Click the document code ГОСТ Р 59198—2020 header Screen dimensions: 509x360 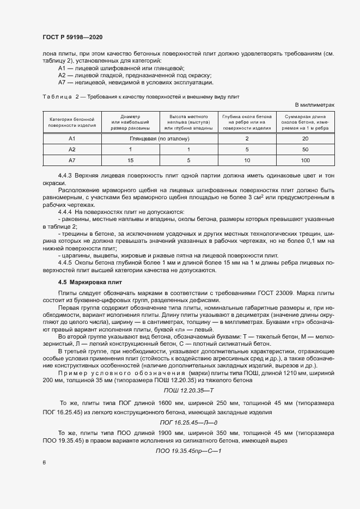pos(72,37)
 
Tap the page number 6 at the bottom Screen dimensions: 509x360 pos(44,462)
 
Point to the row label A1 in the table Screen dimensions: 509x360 pos(72,139)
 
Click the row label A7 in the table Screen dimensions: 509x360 pos(72,160)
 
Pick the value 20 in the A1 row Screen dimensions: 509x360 pos(305,139)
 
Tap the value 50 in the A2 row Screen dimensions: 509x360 pos(305,149)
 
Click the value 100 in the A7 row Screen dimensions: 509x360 pos(305,160)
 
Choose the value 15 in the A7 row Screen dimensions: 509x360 pos(130,160)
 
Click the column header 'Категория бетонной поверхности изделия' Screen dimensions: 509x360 pos(72,122)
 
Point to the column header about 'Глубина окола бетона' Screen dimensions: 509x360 pos(247,122)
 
